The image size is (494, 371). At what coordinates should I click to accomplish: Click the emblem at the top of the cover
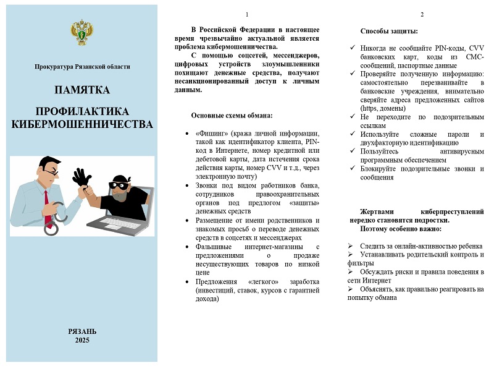click(82, 32)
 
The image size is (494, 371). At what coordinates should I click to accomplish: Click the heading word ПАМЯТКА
click(82, 90)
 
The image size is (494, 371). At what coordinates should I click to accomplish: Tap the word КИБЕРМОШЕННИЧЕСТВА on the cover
click(82, 124)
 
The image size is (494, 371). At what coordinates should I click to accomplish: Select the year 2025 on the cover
click(82, 340)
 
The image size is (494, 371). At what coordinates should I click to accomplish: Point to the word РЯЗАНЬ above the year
click(82, 331)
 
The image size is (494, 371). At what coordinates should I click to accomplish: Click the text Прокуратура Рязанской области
click(82, 67)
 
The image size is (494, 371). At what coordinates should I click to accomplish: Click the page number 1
click(246, 14)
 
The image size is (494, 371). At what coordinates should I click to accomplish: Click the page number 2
click(422, 14)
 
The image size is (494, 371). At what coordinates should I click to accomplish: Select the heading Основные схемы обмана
click(232, 115)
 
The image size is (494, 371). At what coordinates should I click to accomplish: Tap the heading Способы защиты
click(388, 31)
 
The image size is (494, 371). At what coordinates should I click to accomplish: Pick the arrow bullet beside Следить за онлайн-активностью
click(351, 246)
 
